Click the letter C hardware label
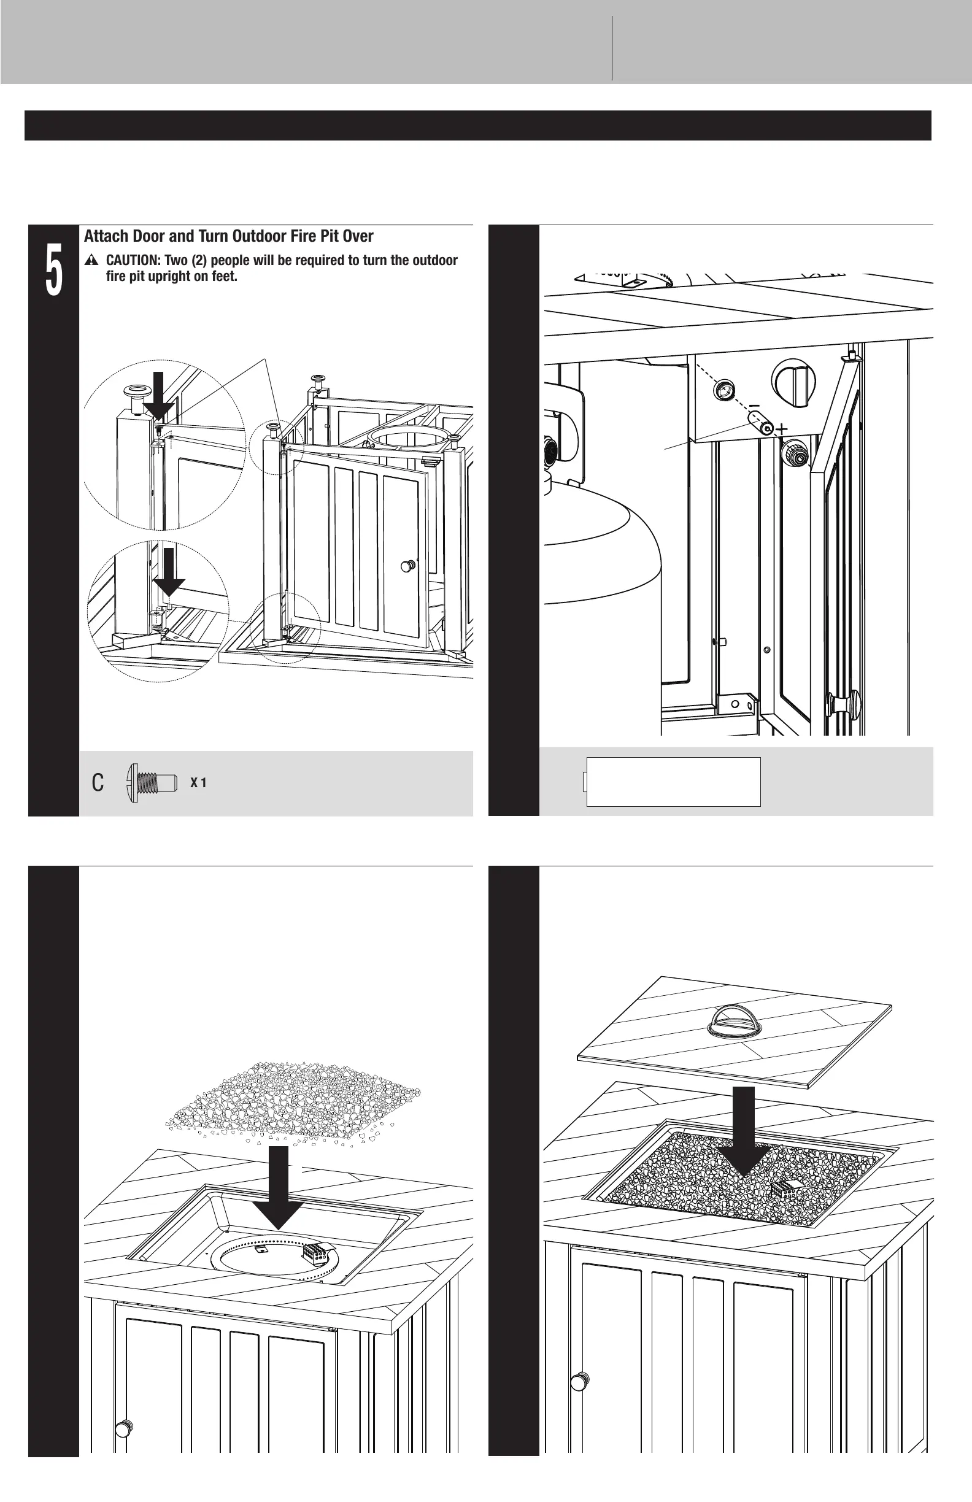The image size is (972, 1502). [x=98, y=783]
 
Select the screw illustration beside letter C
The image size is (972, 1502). [x=152, y=783]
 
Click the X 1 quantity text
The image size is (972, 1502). [x=198, y=783]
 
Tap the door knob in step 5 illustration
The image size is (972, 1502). [x=408, y=566]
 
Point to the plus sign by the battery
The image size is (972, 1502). [x=782, y=429]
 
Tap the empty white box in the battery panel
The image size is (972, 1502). [x=673, y=782]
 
